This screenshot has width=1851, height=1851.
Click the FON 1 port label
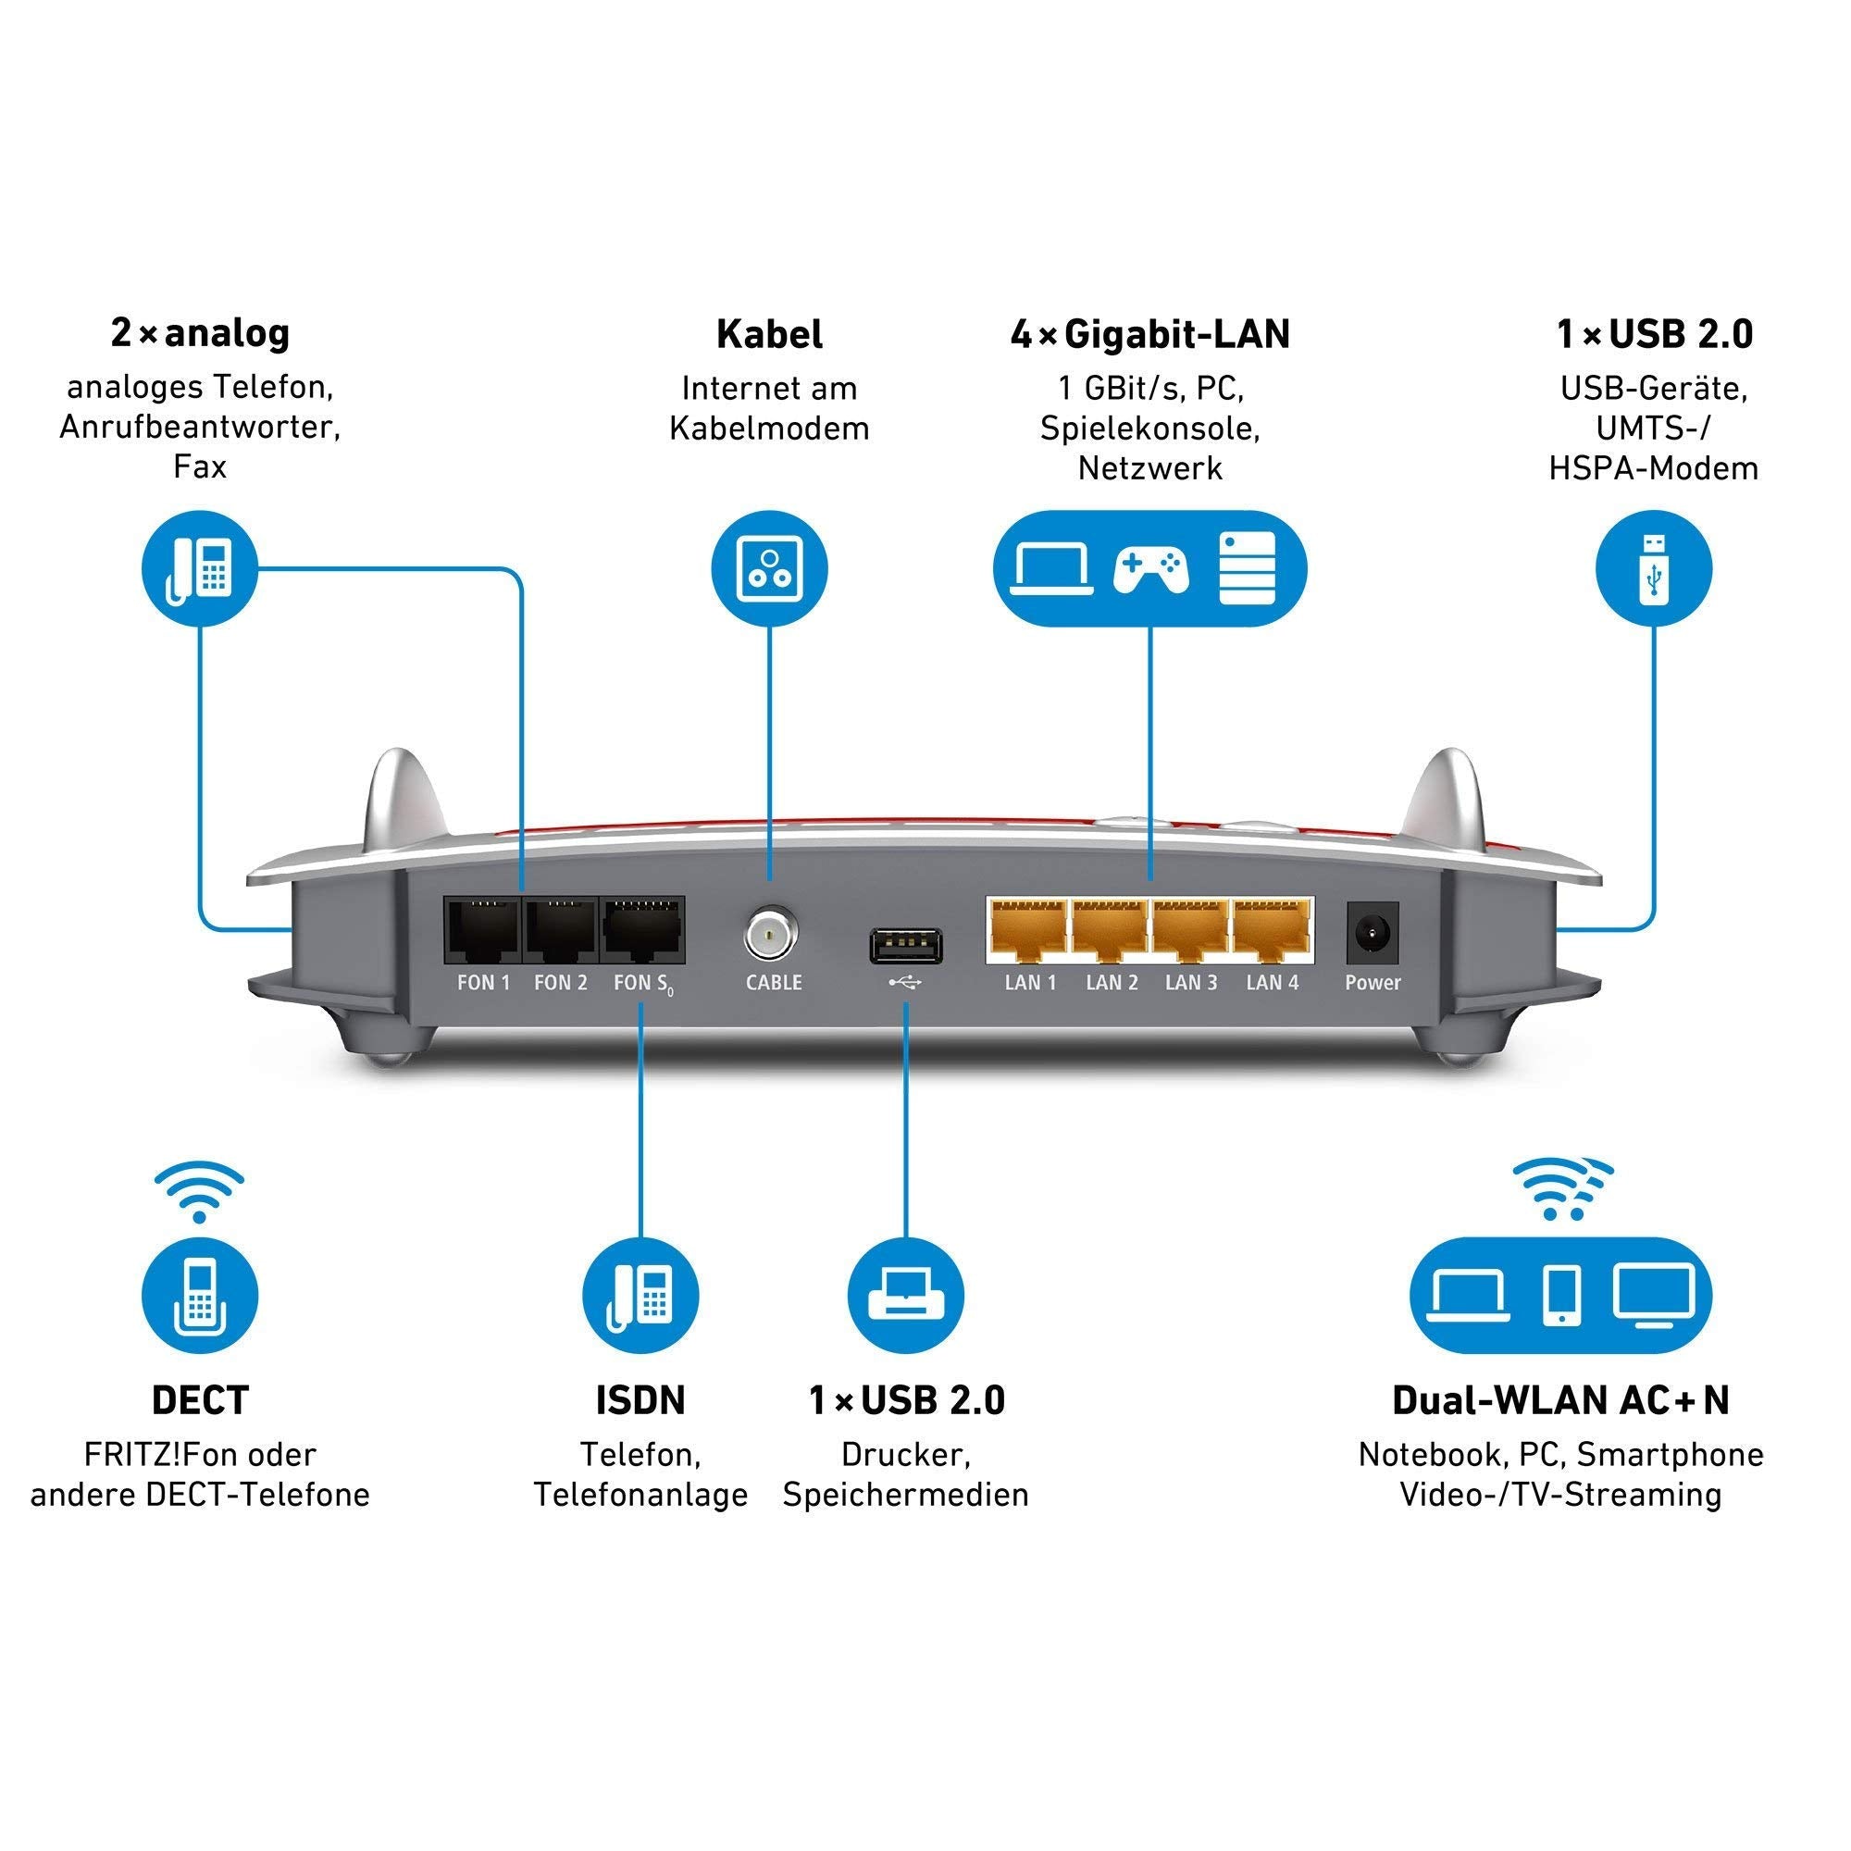pyautogui.click(x=483, y=982)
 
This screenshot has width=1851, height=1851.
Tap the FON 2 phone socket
pyautogui.click(x=561, y=930)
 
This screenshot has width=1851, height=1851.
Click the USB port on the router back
pyautogui.click(x=905, y=947)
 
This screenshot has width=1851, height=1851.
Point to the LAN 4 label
pyautogui.click(x=1272, y=982)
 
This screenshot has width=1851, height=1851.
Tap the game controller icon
pyautogui.click(x=1150, y=569)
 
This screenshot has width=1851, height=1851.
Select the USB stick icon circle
pyautogui.click(x=1653, y=569)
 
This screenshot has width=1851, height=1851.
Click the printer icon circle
pyautogui.click(x=905, y=1296)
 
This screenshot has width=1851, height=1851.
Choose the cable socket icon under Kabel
pyautogui.click(x=769, y=569)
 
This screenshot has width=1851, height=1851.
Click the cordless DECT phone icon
pyautogui.click(x=199, y=1296)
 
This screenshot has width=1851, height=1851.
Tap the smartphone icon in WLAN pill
pyautogui.click(x=1561, y=1296)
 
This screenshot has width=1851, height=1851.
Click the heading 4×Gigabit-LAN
pyautogui.click(x=1149, y=334)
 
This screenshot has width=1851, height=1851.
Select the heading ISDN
pyautogui.click(x=640, y=1400)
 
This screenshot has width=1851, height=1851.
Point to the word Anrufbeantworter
pyautogui.click(x=199, y=427)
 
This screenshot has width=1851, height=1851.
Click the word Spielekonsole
pyautogui.click(x=1149, y=429)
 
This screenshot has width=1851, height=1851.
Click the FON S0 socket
pyautogui.click(x=642, y=930)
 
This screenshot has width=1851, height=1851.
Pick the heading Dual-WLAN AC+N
pyautogui.click(x=1560, y=1400)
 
